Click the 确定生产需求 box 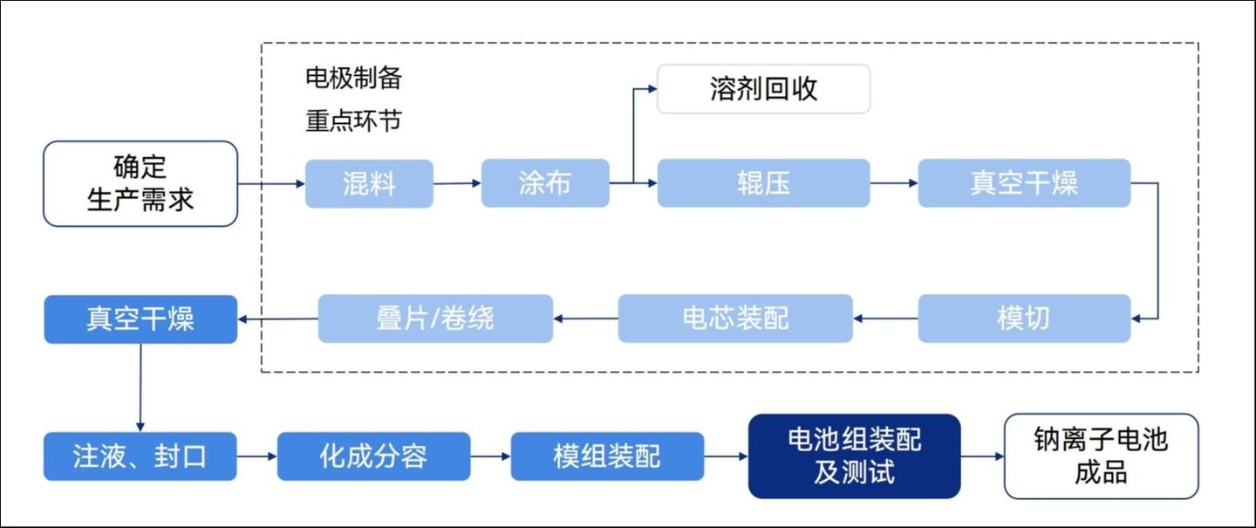coord(140,183)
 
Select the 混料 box coord(369,183)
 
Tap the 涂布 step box coord(545,183)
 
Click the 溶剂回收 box coord(763,89)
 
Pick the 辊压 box coord(763,183)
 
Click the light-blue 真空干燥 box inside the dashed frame coord(1024,183)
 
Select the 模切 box coord(1024,318)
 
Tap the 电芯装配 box coord(735,318)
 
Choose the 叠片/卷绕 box coord(435,318)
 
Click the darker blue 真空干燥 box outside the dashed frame coord(140,319)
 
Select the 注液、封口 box coord(140,456)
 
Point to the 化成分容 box coord(373,456)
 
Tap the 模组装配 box coord(607,456)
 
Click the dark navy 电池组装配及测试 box coord(854,456)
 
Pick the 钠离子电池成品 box coord(1101,456)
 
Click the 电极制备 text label coord(353,78)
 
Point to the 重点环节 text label coord(353,120)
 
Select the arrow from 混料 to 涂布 coord(457,183)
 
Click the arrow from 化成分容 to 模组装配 coord(490,456)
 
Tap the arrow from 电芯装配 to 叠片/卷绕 coord(585,318)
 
